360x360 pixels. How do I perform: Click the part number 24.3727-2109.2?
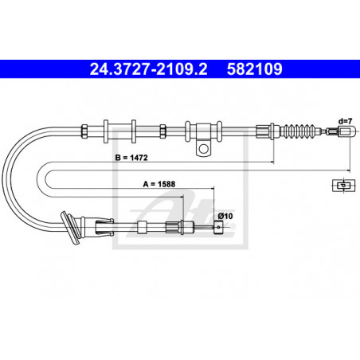(148, 69)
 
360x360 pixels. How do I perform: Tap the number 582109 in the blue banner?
(254, 69)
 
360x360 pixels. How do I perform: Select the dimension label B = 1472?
(131, 158)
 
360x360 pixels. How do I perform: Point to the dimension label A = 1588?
(159, 184)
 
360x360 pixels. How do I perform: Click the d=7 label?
(345, 121)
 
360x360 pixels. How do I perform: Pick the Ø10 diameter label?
(225, 216)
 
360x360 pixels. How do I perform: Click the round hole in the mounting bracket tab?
(204, 149)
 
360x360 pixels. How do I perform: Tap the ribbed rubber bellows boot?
(299, 131)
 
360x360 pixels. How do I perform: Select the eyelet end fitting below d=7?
(346, 131)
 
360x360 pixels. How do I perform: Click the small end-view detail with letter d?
(343, 186)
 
